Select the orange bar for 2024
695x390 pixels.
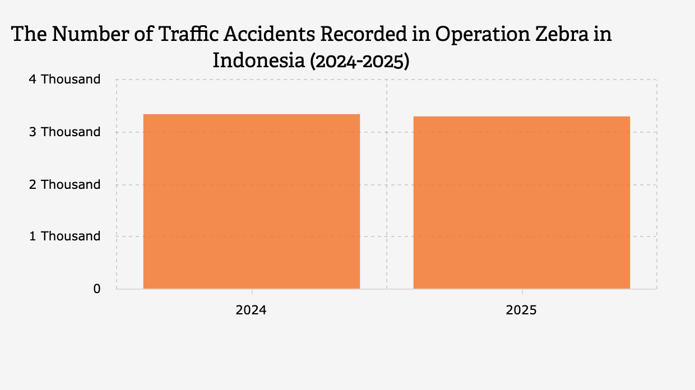tap(252, 202)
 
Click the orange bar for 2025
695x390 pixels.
tap(522, 203)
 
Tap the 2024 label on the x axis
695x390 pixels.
tap(251, 310)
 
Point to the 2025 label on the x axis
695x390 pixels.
tap(521, 310)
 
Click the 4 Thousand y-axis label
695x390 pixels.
tap(65, 79)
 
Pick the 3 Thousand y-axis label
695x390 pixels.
tap(65, 132)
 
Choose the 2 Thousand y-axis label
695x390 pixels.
tap(65, 184)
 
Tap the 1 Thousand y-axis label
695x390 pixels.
tap(65, 236)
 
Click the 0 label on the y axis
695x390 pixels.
tap(97, 289)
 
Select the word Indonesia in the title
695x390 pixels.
tap(259, 60)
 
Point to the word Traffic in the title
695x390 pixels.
tap(189, 34)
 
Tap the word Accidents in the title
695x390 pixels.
tap(269, 34)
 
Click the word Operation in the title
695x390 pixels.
tap(483, 34)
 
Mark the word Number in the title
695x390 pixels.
tap(90, 34)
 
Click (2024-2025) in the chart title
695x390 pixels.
tap(360, 61)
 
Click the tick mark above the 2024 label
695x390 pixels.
tap(252, 292)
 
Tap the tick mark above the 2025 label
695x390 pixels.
tap(522, 292)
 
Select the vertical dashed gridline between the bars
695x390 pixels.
tap(387, 184)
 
